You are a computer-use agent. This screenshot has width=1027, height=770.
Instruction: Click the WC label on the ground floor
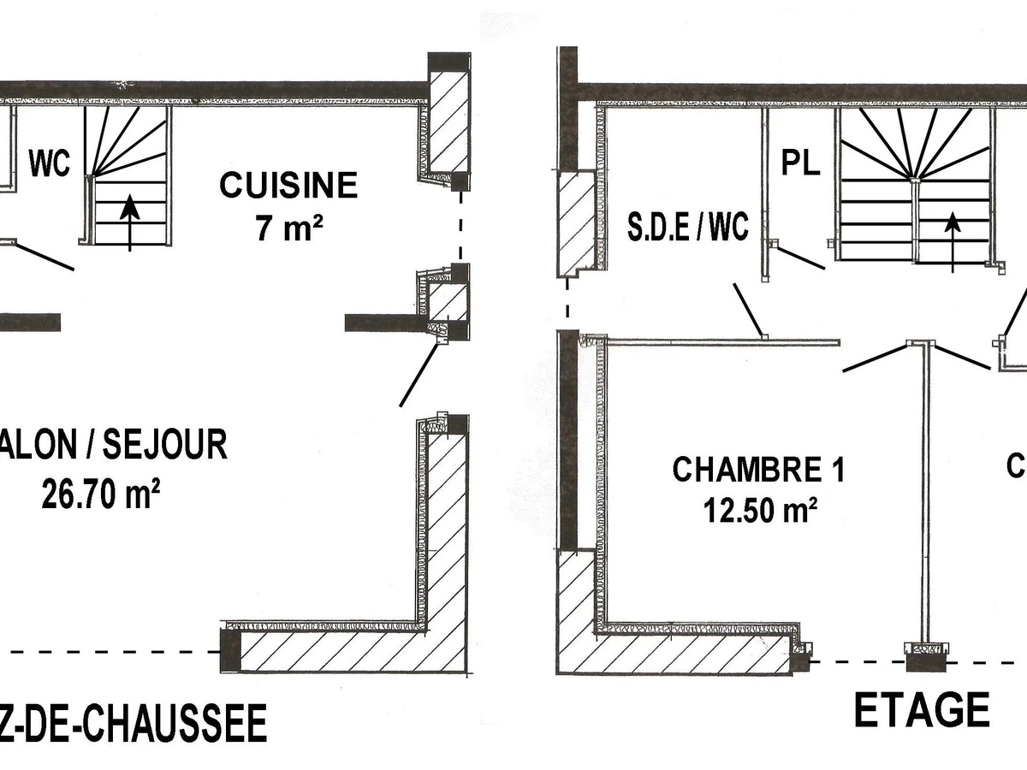(x=50, y=163)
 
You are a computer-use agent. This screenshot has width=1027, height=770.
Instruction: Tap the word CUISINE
(x=288, y=186)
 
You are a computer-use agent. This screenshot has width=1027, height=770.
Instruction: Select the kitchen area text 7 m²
(x=288, y=228)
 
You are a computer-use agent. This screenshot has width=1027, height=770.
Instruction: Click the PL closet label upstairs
(x=800, y=163)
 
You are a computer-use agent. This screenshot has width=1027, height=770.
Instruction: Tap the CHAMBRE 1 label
(x=758, y=470)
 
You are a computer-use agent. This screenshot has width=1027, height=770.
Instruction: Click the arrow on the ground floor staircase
(x=129, y=221)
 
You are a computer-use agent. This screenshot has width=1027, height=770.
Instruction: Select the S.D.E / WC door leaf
(x=746, y=312)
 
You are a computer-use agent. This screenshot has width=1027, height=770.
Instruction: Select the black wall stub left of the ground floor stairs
(x=30, y=322)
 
